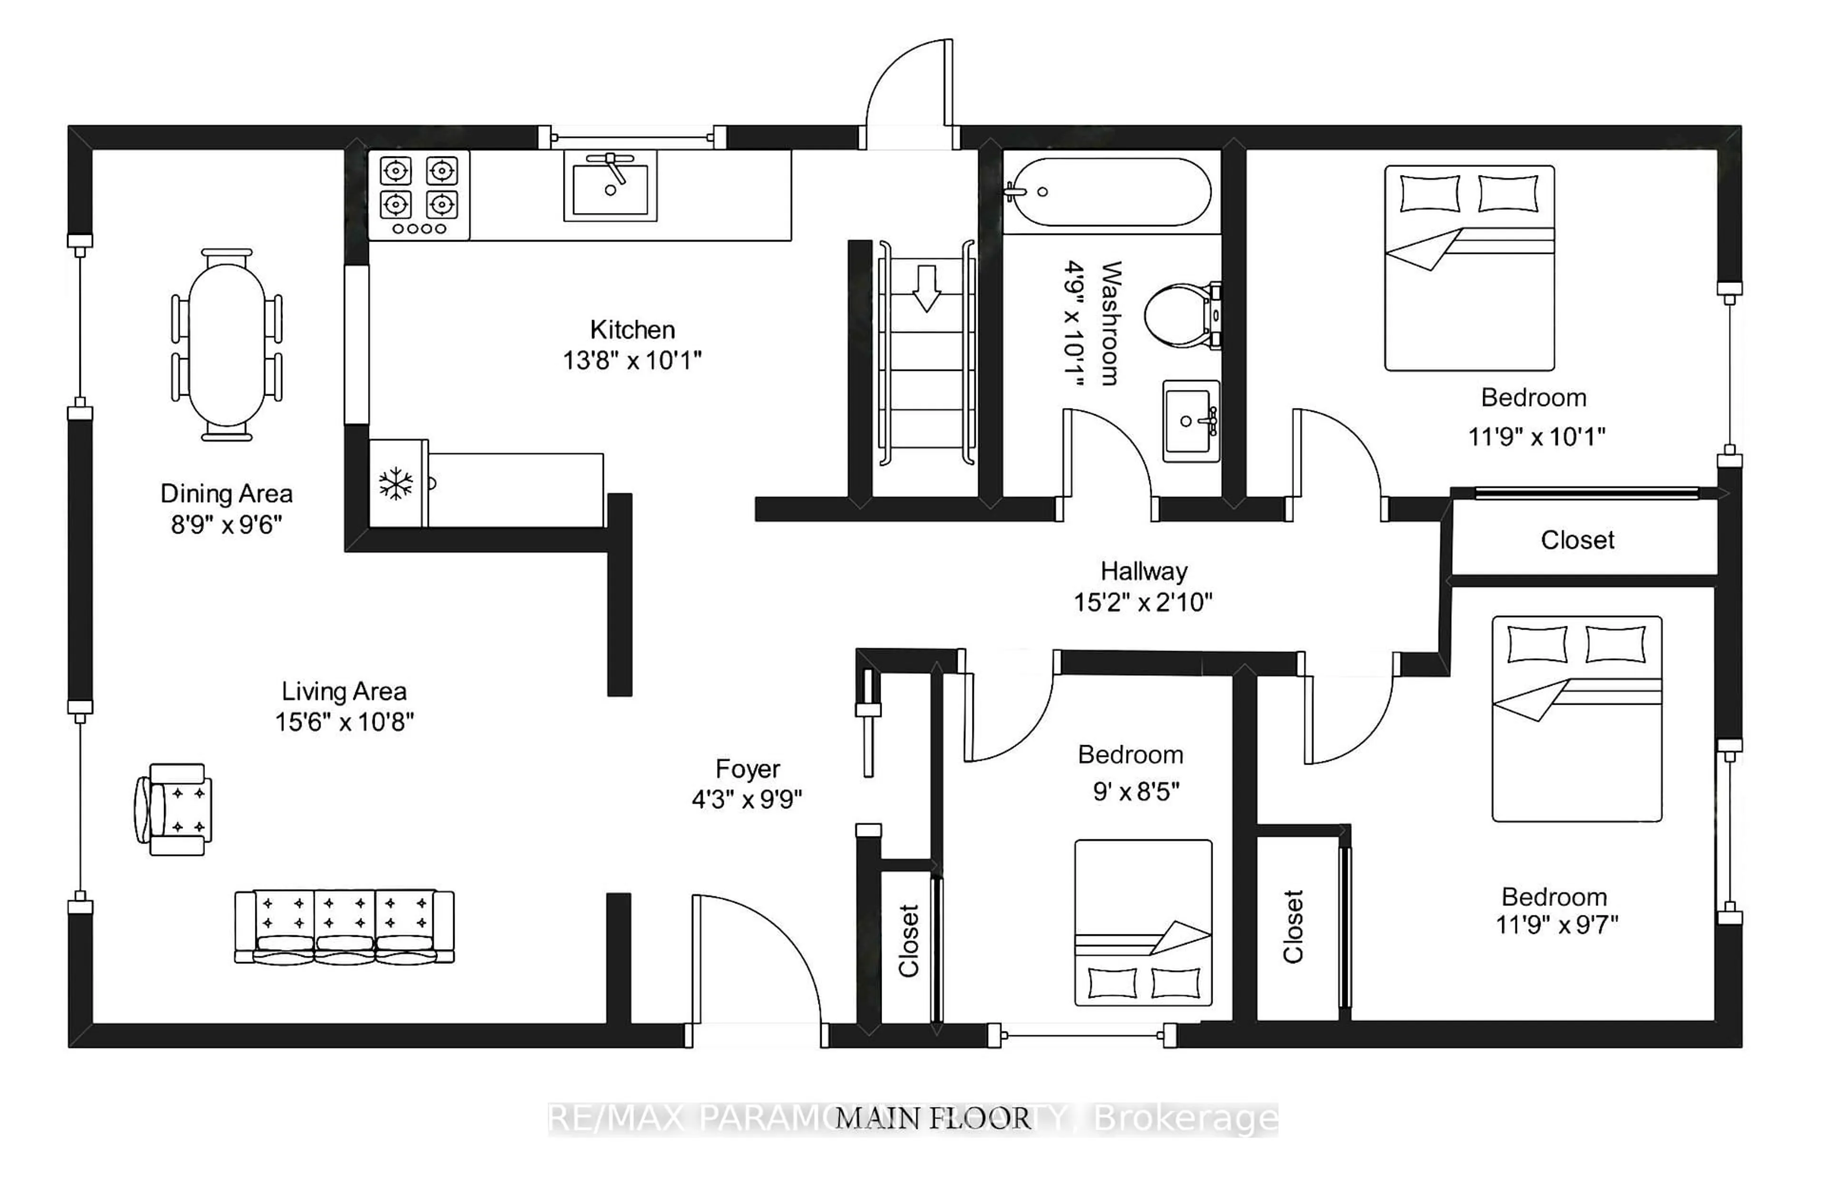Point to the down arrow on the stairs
click(x=927, y=288)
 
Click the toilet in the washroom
click(x=1179, y=315)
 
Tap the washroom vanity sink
click(x=1190, y=421)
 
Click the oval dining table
click(x=227, y=344)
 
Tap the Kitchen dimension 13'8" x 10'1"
click(x=632, y=359)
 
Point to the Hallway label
click(x=1143, y=572)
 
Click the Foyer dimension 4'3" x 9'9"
click(x=747, y=800)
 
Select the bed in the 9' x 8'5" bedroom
click(x=1143, y=923)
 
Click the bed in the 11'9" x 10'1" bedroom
click(x=1469, y=269)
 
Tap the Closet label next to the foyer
click(x=908, y=941)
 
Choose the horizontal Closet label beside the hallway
click(x=1577, y=540)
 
